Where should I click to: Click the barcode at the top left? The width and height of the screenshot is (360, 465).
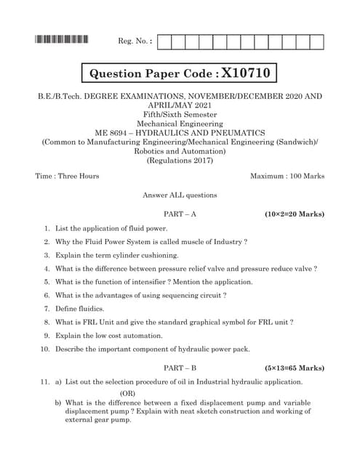pos(62,41)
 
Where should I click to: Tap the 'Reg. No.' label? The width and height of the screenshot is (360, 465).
pos(135,41)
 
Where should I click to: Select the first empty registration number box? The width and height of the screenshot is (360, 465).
pos(164,41)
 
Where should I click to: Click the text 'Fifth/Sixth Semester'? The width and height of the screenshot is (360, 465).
pos(180,114)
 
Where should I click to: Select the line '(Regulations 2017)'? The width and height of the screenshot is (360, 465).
pos(180,160)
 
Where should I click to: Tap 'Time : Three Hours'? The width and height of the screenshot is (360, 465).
pos(67,176)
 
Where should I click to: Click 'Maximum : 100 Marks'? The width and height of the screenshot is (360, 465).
pos(287,176)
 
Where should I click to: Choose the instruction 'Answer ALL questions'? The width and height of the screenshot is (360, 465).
pos(180,195)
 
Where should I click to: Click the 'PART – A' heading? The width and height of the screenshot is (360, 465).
pos(180,214)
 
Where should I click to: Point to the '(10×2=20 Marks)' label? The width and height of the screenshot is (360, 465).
pos(295,214)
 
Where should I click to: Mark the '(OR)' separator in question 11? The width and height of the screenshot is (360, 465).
pos(127,393)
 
